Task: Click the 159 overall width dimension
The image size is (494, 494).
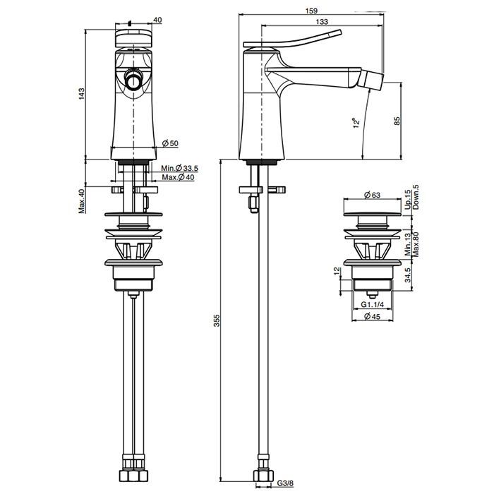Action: point(311,11)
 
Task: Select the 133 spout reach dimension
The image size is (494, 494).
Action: point(322,21)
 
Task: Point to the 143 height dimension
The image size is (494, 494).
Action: point(82,94)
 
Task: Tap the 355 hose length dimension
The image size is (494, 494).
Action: point(217,320)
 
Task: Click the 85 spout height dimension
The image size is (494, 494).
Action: point(397,121)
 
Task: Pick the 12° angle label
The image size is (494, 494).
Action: point(356,123)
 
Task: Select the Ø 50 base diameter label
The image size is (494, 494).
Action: point(170,143)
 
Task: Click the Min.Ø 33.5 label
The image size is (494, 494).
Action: point(179,168)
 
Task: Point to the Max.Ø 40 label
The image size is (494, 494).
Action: point(179,177)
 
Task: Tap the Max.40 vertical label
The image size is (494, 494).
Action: point(82,201)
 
